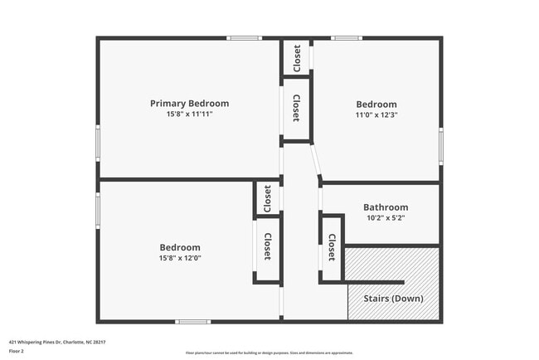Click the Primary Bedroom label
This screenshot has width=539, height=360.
tap(189, 104)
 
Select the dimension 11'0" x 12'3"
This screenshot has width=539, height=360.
tap(377, 115)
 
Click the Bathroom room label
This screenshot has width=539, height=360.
tap(386, 207)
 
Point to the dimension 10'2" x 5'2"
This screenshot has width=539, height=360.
tap(386, 218)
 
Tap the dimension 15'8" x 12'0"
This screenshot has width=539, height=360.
tap(180, 258)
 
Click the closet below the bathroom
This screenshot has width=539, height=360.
tap(332, 247)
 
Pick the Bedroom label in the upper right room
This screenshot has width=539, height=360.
tap(377, 105)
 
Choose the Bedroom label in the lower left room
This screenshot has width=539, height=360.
tap(180, 247)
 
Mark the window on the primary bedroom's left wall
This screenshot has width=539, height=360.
tap(98, 142)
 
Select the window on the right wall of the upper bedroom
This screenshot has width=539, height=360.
tap(441, 143)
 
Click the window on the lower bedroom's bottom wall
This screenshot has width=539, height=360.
tap(192, 322)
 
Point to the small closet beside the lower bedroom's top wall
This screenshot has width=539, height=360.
tap(267, 198)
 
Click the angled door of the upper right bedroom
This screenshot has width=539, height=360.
tap(316, 162)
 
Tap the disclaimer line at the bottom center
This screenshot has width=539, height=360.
tap(269, 353)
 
